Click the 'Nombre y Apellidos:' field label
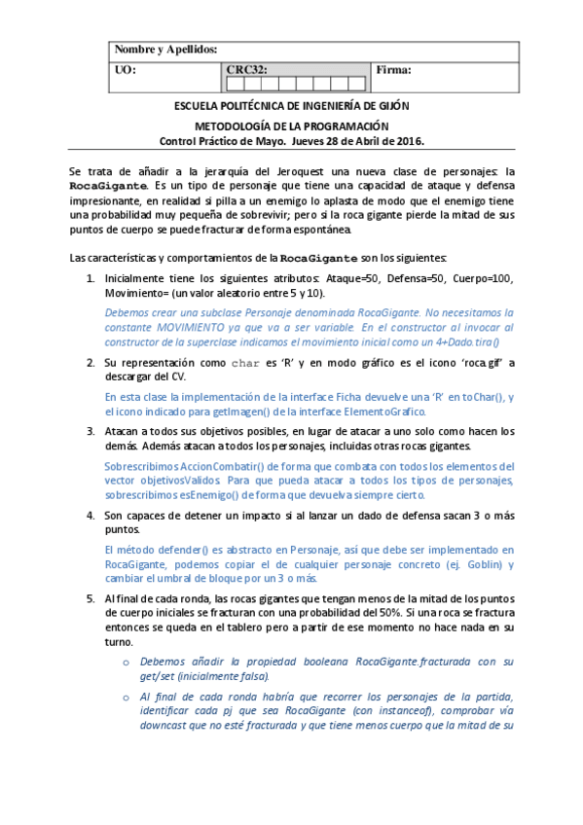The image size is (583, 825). [166, 50]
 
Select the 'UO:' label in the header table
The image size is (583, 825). [126, 70]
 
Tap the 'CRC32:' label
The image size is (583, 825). [246, 70]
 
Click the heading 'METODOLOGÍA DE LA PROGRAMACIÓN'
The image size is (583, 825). [291, 126]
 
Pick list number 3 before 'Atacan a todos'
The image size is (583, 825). [91, 431]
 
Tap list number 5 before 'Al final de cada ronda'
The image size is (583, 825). [91, 599]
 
